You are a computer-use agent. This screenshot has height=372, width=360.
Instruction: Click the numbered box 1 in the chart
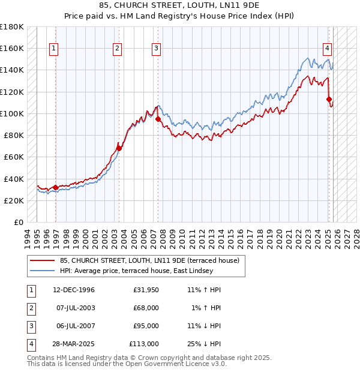pos(54,49)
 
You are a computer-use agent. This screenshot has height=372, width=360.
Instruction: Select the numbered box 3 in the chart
pos(156,49)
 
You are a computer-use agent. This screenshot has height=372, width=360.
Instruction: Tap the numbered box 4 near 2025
pos(328,49)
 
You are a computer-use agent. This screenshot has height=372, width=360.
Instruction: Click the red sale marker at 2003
pos(119,148)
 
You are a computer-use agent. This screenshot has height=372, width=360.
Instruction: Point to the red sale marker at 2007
pos(158,119)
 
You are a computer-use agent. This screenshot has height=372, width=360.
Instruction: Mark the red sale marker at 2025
pos(329,99)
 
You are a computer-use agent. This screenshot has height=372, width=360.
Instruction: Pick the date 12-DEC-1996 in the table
pos(73,290)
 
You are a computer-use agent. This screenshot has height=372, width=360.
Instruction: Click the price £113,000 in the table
pos(144,344)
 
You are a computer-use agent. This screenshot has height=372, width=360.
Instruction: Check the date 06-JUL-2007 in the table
pos(73,326)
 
